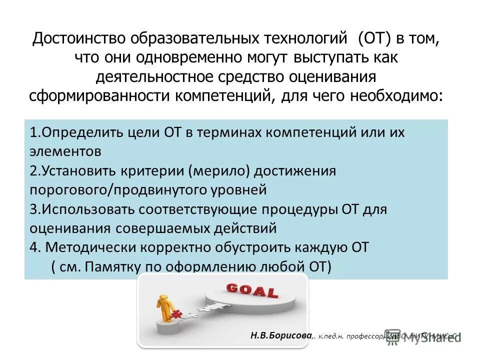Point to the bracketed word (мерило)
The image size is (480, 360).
coord(218,171)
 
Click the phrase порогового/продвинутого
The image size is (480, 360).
coord(116,190)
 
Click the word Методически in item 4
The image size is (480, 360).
coord(91,247)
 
